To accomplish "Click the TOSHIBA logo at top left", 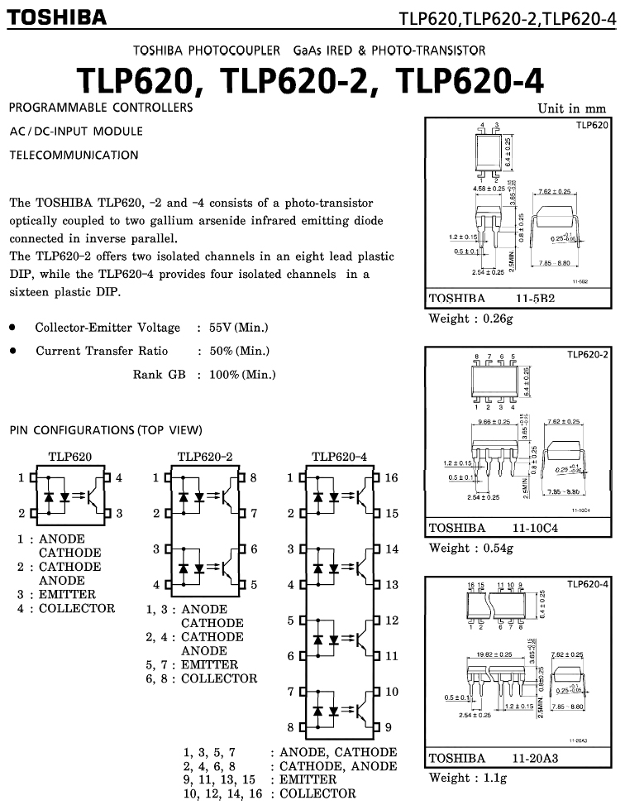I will (57, 17).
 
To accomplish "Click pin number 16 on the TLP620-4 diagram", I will (392, 477).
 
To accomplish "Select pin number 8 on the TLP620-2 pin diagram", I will (253, 477).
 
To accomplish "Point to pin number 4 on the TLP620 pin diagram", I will (119, 477).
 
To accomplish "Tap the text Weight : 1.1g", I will (467, 778).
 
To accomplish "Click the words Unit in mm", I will (571, 108).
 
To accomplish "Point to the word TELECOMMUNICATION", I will (74, 155).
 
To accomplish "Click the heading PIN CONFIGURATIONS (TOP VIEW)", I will (106, 430).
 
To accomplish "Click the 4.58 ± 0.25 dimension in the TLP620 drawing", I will (488, 189).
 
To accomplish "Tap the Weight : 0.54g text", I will (470, 548).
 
